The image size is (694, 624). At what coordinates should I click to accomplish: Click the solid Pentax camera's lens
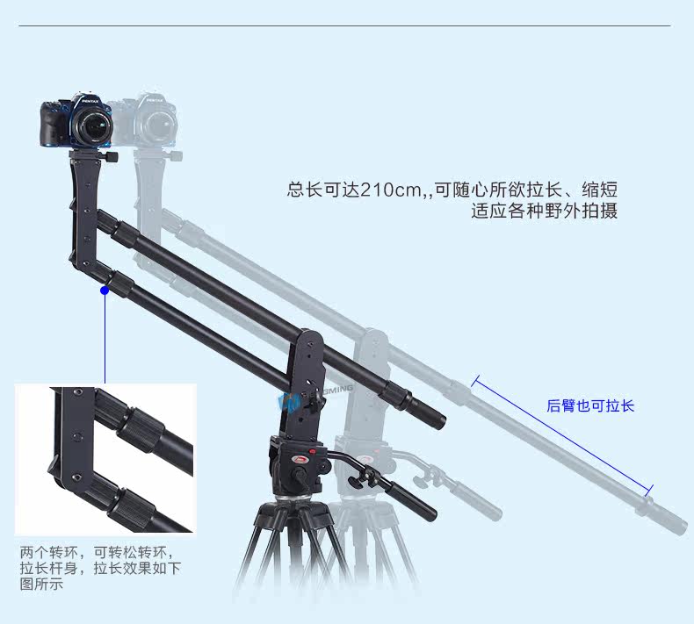pos(92,131)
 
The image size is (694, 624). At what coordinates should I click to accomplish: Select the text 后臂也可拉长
pos(590,405)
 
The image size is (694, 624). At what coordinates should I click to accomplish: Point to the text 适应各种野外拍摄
pos(544,212)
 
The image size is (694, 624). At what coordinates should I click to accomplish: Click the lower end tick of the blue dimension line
pos(650,490)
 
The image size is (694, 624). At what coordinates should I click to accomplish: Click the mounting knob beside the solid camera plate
pos(113,156)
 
